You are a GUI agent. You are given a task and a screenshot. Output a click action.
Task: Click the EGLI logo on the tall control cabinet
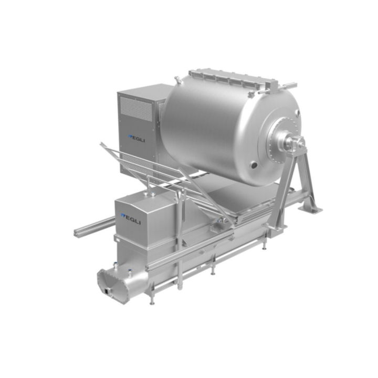coord(136,139)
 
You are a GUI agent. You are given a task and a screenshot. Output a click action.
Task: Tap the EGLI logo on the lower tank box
coord(131,218)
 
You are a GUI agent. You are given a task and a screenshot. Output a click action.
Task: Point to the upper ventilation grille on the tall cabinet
coord(136,109)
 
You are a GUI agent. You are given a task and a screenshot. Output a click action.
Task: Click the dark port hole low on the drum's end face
coord(254,165)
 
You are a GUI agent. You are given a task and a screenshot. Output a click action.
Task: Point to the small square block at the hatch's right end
coord(272,86)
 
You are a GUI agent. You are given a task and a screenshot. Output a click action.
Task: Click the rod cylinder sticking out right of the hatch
coord(289,85)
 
